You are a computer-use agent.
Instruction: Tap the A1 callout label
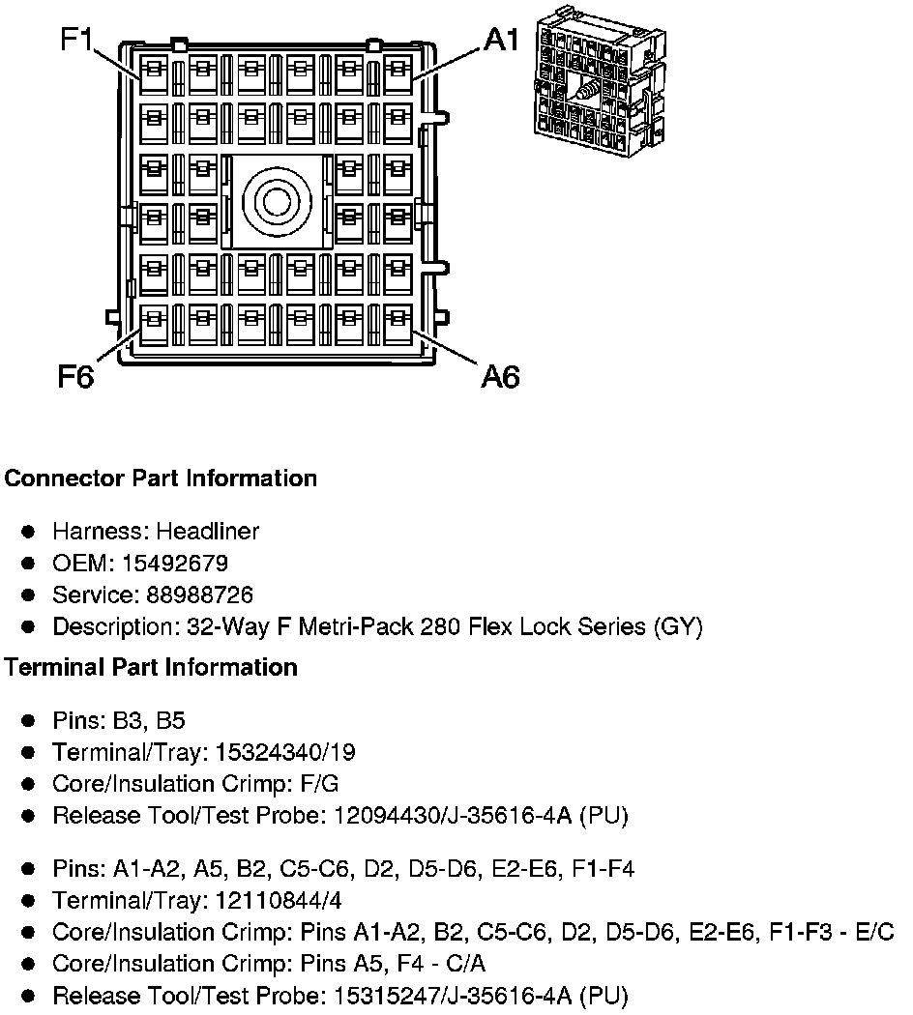(502, 40)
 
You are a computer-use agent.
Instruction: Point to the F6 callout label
(74, 376)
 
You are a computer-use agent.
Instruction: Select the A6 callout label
(501, 376)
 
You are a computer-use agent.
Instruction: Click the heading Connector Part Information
(161, 478)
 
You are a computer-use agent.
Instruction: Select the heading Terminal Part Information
(151, 667)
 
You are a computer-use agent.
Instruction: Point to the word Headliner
(208, 531)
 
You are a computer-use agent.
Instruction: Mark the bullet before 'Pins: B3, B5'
(30, 721)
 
